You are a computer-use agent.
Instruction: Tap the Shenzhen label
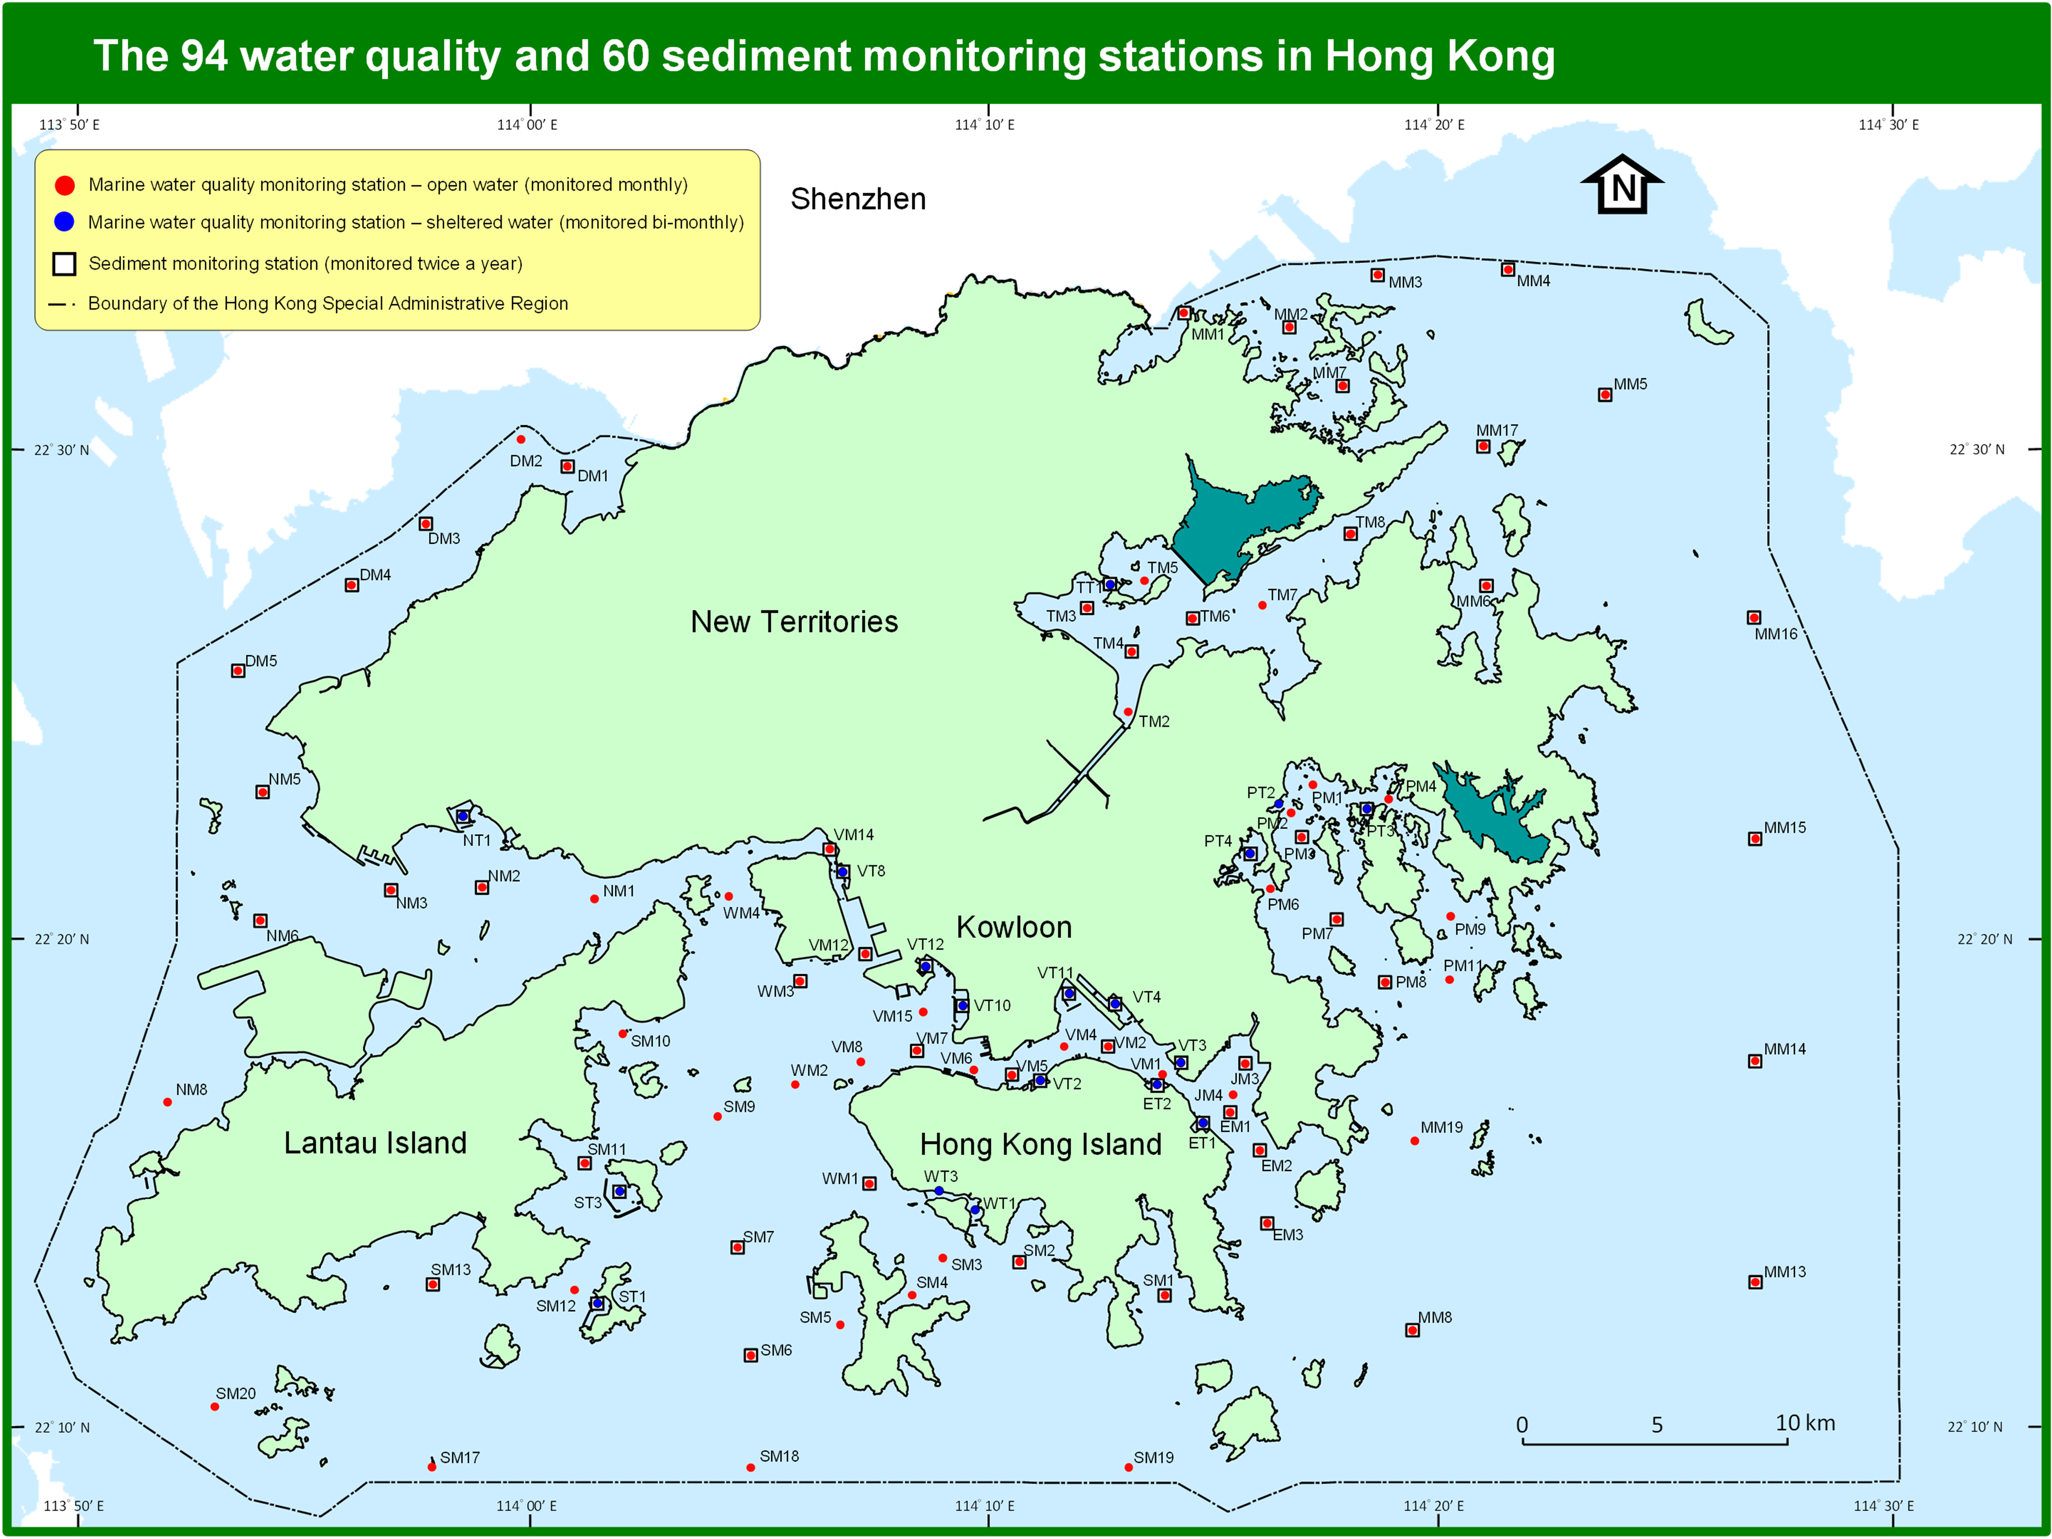click(858, 199)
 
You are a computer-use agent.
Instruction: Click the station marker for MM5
click(1605, 395)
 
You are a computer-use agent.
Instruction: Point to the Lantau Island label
click(375, 1143)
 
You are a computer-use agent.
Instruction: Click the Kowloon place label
click(1014, 927)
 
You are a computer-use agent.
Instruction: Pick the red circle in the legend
click(64, 185)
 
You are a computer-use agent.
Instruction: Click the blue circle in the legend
click(64, 222)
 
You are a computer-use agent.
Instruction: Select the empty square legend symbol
click(64, 264)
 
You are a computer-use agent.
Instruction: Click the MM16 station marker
click(1753, 618)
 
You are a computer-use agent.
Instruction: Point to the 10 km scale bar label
click(1804, 1423)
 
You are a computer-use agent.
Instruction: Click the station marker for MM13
click(1755, 1282)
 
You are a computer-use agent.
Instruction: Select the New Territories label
click(794, 622)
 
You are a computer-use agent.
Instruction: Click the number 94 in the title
click(203, 55)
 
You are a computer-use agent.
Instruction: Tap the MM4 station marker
click(1508, 269)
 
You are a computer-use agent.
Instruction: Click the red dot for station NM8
click(167, 1102)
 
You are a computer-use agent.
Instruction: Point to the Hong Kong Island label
click(1040, 1144)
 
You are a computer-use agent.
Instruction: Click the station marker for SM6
click(751, 1355)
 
